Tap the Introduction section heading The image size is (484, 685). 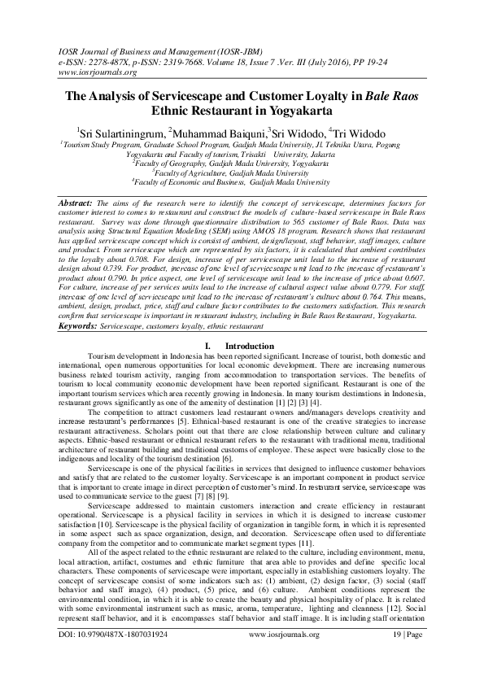coord(248,369)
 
